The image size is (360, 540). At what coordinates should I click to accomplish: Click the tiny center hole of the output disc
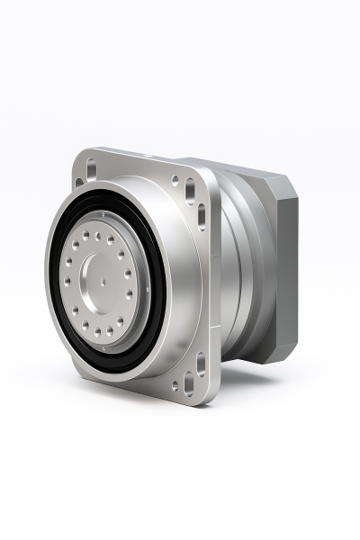coord(103,280)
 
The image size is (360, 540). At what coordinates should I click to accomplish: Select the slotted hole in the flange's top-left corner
coord(89,168)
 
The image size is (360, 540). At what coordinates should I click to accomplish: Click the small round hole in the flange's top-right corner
coord(175,181)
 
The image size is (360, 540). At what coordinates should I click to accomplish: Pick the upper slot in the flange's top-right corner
coord(190,191)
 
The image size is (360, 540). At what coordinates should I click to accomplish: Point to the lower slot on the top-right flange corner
coord(201,216)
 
